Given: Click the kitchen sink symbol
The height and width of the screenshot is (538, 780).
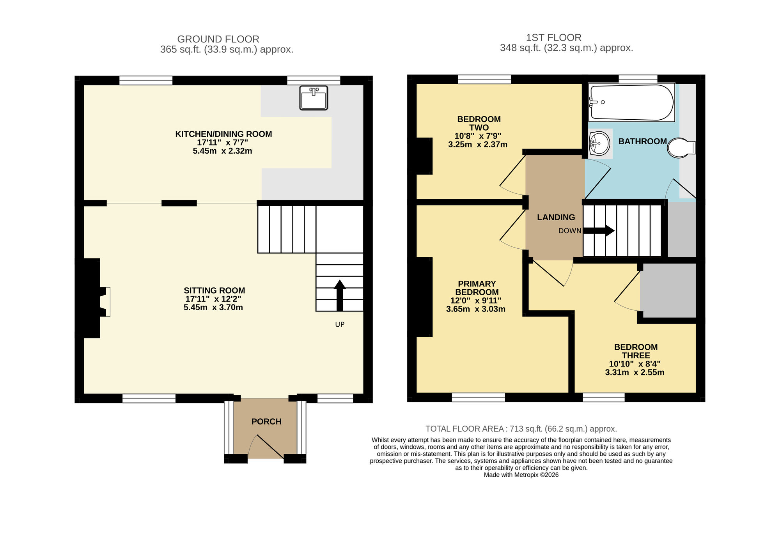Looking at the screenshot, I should click(x=314, y=98).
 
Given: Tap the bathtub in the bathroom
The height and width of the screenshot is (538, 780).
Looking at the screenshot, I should click(x=631, y=103).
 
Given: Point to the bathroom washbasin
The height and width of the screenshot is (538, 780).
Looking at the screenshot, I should click(x=599, y=143).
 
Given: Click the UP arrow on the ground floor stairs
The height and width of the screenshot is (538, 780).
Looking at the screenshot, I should click(x=340, y=295).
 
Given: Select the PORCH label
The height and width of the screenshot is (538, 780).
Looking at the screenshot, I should click(x=266, y=421).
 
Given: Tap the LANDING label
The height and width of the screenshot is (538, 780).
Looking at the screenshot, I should click(x=556, y=218).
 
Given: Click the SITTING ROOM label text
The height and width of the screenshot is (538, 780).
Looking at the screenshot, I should click(x=214, y=290).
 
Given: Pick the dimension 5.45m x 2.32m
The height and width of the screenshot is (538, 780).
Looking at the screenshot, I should click(x=222, y=151).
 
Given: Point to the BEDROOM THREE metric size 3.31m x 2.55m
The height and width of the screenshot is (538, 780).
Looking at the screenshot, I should click(x=635, y=372).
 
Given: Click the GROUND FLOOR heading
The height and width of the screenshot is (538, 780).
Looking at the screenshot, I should click(x=218, y=39).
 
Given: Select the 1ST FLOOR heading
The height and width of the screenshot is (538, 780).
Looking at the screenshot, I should click(x=553, y=38).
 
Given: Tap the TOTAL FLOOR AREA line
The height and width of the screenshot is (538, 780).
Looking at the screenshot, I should click(x=521, y=429).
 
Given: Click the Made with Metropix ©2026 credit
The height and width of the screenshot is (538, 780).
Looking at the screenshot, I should click(x=521, y=475).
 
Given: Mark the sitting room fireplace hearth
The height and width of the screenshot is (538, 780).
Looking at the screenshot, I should click(x=106, y=302).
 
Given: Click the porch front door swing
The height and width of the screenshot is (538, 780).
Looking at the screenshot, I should click(x=265, y=448).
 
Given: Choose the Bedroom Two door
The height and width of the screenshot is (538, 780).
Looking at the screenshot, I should click(x=513, y=175).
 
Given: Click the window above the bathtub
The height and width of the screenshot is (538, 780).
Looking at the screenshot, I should click(x=638, y=80).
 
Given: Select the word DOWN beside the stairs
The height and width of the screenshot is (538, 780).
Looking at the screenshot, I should click(x=569, y=231).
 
